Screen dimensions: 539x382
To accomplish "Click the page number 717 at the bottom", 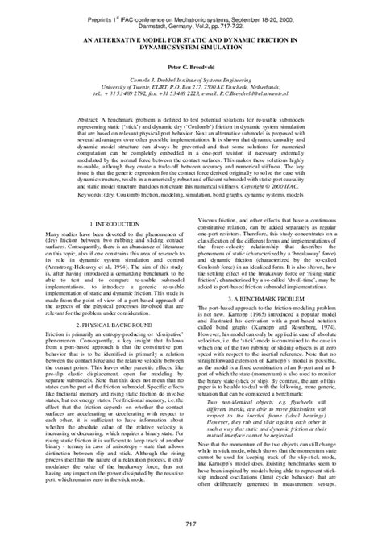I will [191, 526].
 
